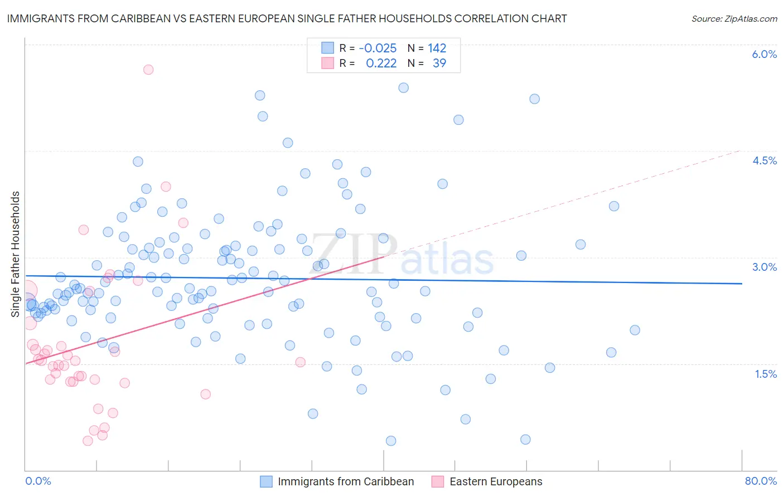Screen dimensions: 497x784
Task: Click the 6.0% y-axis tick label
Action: [x=764, y=54]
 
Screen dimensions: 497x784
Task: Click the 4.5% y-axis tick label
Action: [x=764, y=160]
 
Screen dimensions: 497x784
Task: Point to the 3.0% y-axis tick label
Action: [x=764, y=267]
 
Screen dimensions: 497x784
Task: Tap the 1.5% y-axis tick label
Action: [x=766, y=374]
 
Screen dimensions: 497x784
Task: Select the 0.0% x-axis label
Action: [x=38, y=481]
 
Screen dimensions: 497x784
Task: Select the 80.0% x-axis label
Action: [x=761, y=481]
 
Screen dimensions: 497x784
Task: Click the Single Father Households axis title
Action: [x=16, y=254]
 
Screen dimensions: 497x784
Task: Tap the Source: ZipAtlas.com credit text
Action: [x=734, y=18]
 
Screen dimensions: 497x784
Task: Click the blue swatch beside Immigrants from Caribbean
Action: [x=266, y=481]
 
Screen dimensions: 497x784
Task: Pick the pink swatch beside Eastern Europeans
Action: [x=438, y=481]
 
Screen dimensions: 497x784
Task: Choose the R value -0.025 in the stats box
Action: [x=378, y=48]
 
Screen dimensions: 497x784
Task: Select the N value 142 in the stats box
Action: [x=437, y=48]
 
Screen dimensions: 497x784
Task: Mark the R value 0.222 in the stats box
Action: [x=381, y=63]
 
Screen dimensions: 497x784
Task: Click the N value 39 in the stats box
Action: [x=439, y=63]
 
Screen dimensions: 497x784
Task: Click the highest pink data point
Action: [x=148, y=70]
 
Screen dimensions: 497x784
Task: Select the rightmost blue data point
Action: [x=635, y=330]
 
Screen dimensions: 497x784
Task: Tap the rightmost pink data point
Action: [x=301, y=362]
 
